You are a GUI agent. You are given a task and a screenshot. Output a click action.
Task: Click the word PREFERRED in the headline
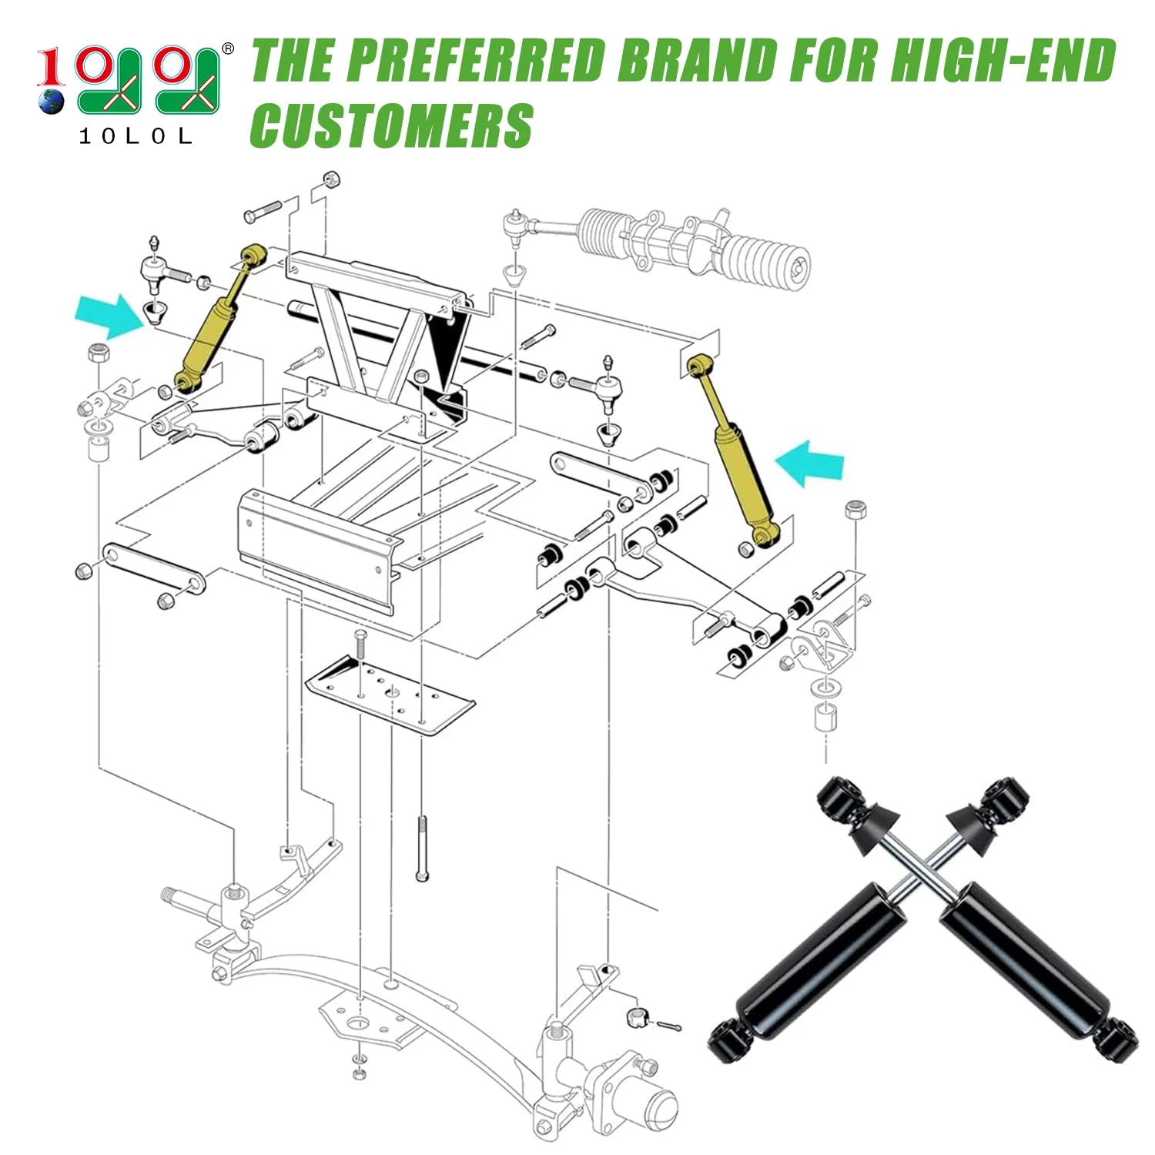click(x=474, y=60)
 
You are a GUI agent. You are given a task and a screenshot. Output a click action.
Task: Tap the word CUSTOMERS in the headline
click(x=391, y=126)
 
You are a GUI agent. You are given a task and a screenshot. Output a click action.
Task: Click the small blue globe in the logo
click(x=52, y=102)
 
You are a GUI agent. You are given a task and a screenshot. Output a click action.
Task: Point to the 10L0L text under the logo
click(x=136, y=137)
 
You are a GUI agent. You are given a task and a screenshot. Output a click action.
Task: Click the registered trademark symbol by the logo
click(x=227, y=49)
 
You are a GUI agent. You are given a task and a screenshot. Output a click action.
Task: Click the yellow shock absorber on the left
click(x=218, y=320)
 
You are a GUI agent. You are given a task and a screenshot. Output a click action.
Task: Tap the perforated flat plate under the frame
click(x=390, y=694)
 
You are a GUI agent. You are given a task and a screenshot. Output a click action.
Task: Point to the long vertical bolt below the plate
click(x=422, y=848)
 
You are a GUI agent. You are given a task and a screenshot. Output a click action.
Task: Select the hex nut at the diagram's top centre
click(x=332, y=179)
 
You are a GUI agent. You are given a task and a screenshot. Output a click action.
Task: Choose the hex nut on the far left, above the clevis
click(x=98, y=353)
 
